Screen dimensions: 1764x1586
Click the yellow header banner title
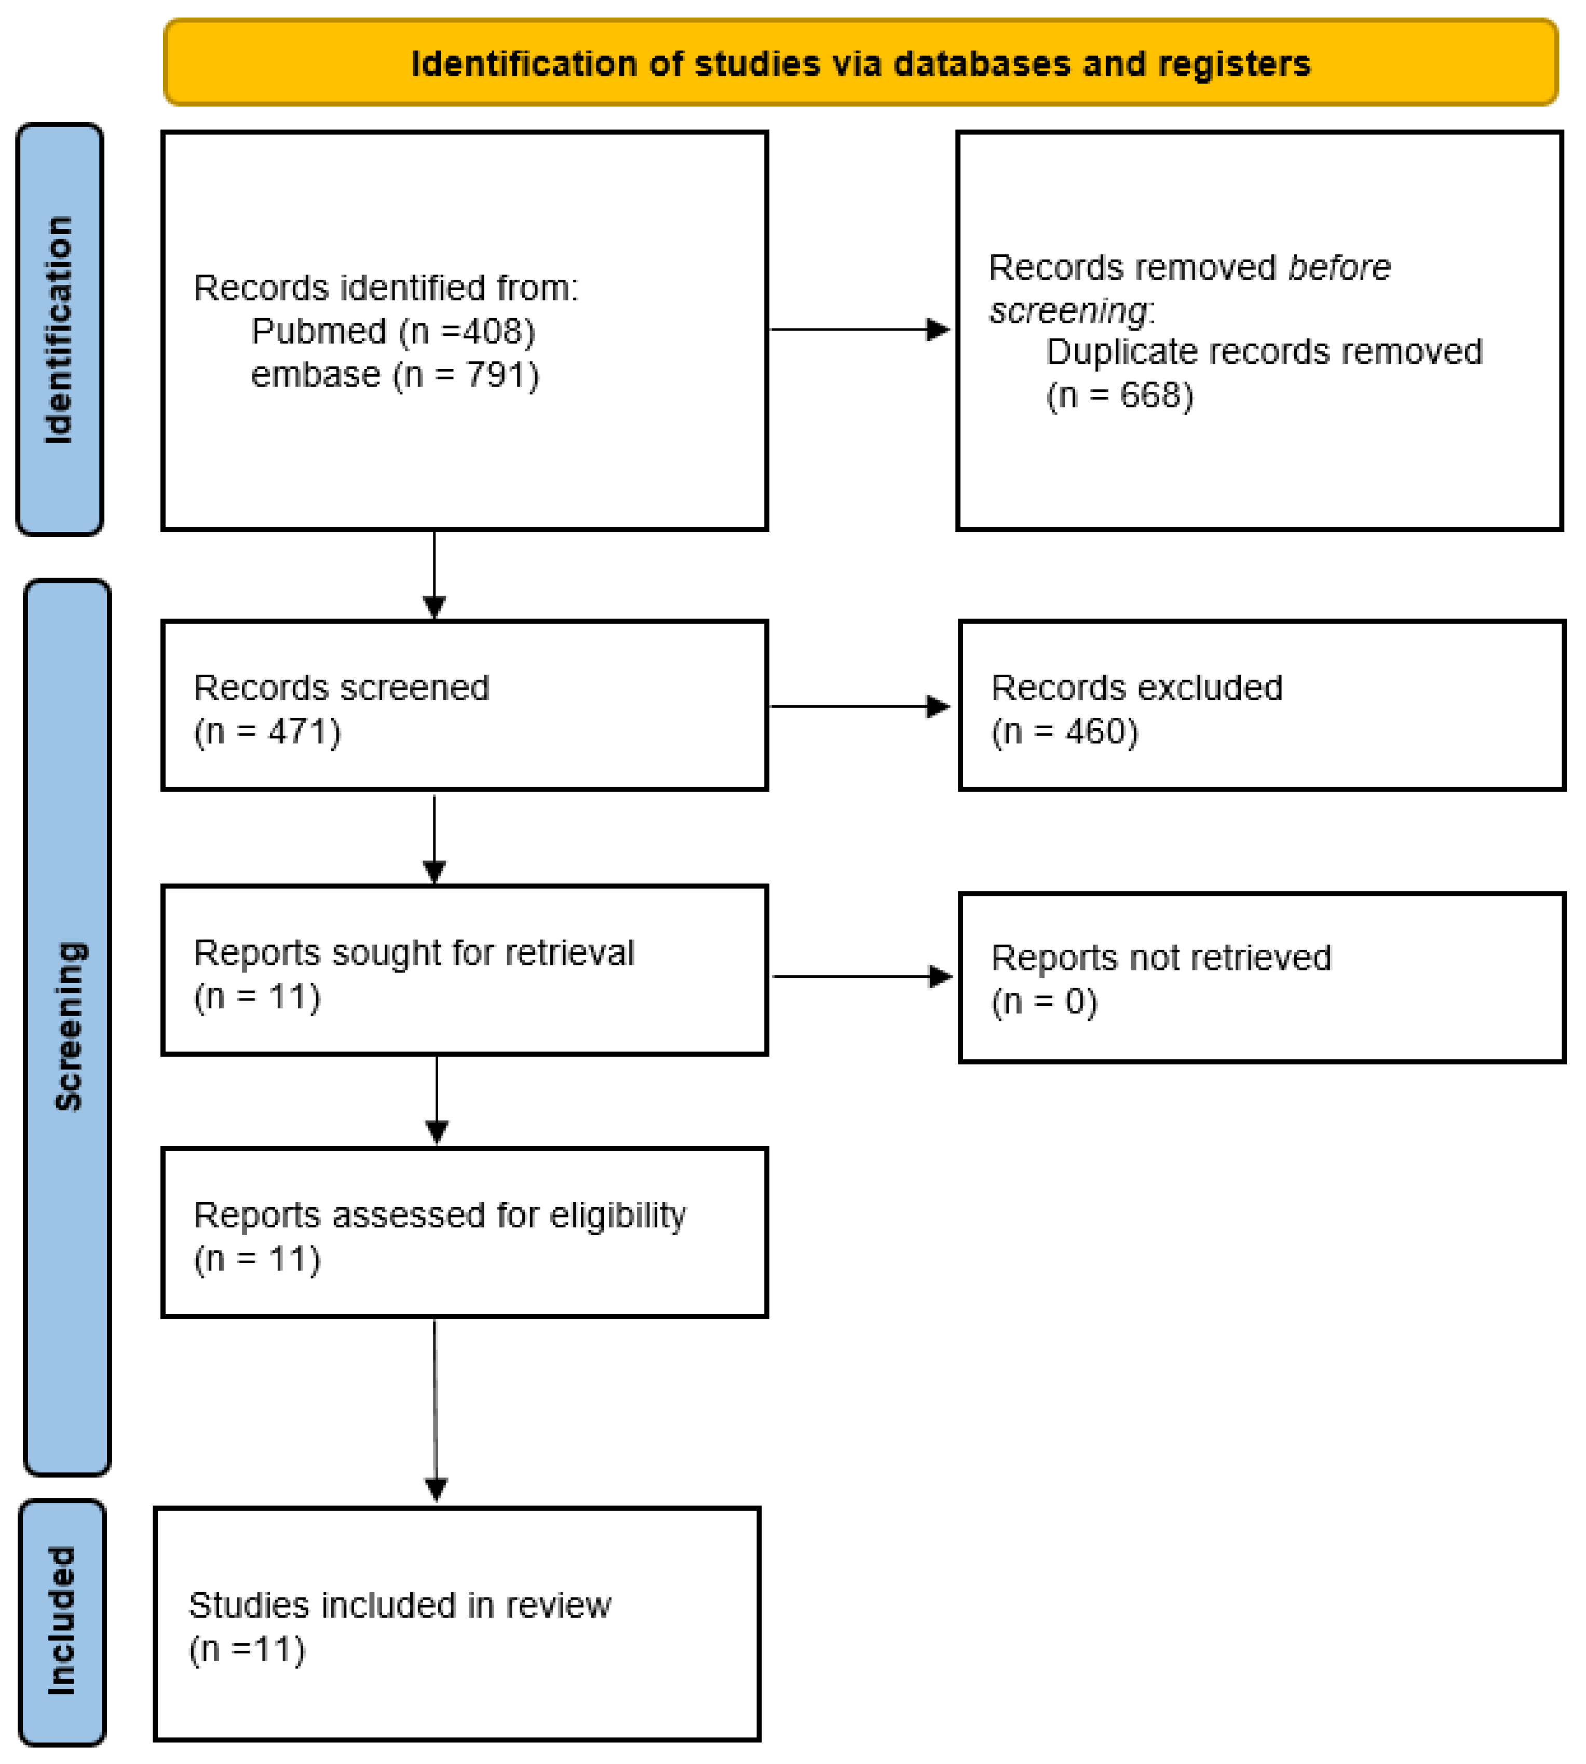tap(860, 64)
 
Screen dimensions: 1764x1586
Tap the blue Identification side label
tap(59, 329)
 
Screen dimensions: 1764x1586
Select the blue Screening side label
tap(68, 1026)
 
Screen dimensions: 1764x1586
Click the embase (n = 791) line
tap(395, 375)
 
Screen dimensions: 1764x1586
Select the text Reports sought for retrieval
tap(413, 953)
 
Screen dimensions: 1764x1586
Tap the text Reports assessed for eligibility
tap(439, 1215)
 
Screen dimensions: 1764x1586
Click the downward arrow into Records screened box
tap(434, 575)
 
